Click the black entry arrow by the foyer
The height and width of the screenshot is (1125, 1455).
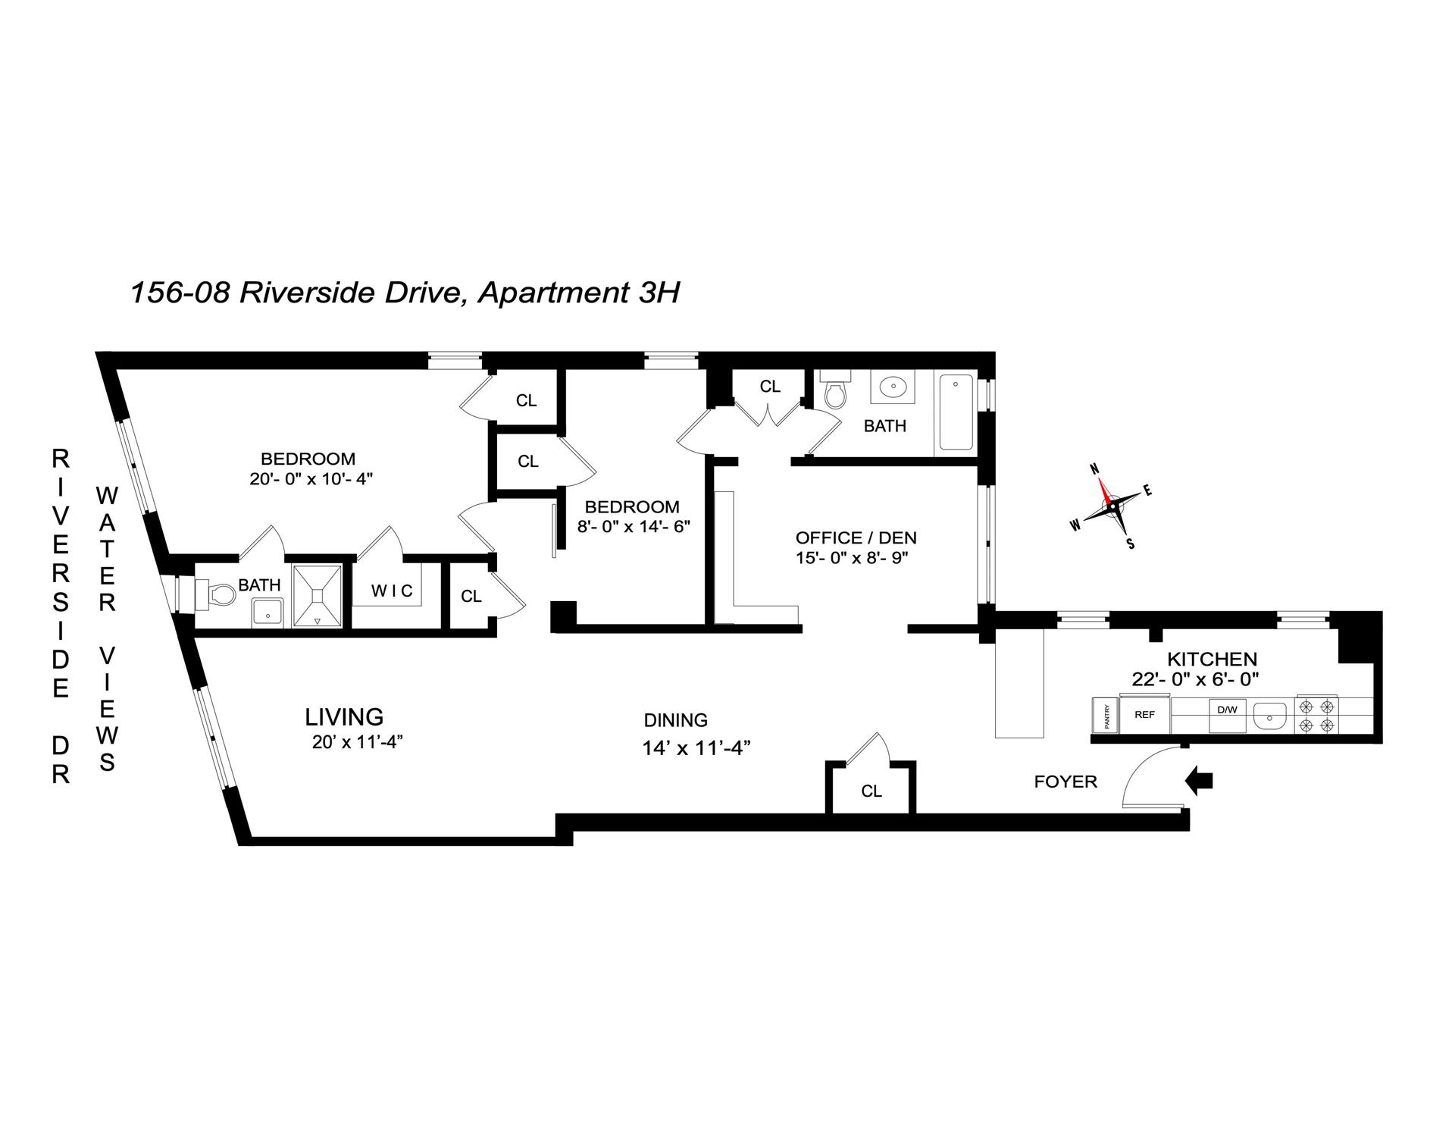(1199, 780)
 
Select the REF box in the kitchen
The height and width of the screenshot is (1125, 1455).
(1144, 714)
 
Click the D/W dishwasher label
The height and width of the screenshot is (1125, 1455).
(1226, 710)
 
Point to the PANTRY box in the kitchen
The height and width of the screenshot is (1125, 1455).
(1106, 716)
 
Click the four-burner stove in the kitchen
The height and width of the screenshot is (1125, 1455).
(1316, 716)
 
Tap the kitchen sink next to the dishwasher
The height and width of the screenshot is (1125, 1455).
(1270, 715)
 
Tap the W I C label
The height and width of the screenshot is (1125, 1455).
(392, 591)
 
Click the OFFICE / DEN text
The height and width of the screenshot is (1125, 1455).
(856, 538)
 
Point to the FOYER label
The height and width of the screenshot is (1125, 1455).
(1065, 782)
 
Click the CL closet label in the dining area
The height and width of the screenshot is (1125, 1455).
(871, 791)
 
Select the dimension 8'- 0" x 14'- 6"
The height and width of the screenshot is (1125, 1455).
(634, 526)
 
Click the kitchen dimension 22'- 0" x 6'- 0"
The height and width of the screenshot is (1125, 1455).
(1195, 679)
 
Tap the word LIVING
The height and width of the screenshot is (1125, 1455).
(344, 716)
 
